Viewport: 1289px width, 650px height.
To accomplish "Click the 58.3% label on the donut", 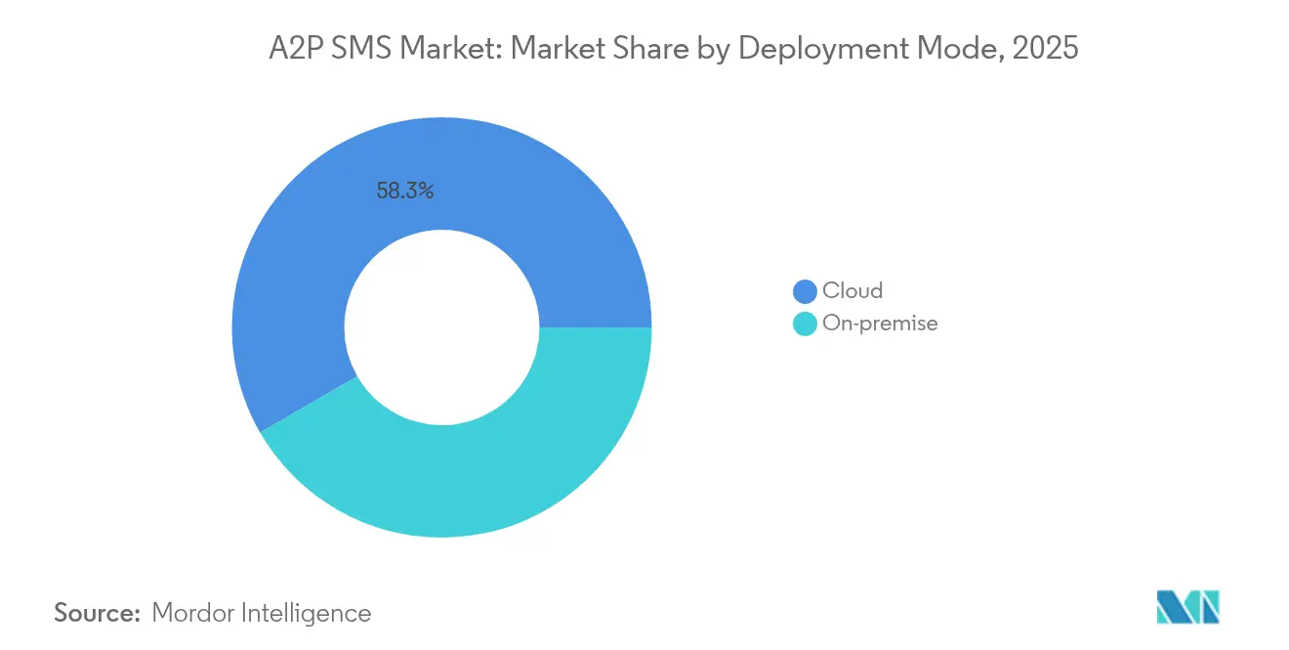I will pyautogui.click(x=404, y=192).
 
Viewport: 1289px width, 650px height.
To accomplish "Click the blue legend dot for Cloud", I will pyautogui.click(x=805, y=291).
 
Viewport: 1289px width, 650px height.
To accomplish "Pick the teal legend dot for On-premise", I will pyautogui.click(x=805, y=324).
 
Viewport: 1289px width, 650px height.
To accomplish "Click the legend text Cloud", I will pyautogui.click(x=852, y=290).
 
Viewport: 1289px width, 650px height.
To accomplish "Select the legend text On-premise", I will pyautogui.click(x=880, y=324).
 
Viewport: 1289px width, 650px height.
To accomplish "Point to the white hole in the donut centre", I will pyautogui.click(x=441, y=327).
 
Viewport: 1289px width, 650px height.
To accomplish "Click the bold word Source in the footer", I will pyautogui.click(x=98, y=613).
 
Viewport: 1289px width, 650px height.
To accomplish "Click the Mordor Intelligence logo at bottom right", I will pyautogui.click(x=1187, y=607).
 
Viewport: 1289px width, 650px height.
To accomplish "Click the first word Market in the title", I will pyautogui.click(x=445, y=48).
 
